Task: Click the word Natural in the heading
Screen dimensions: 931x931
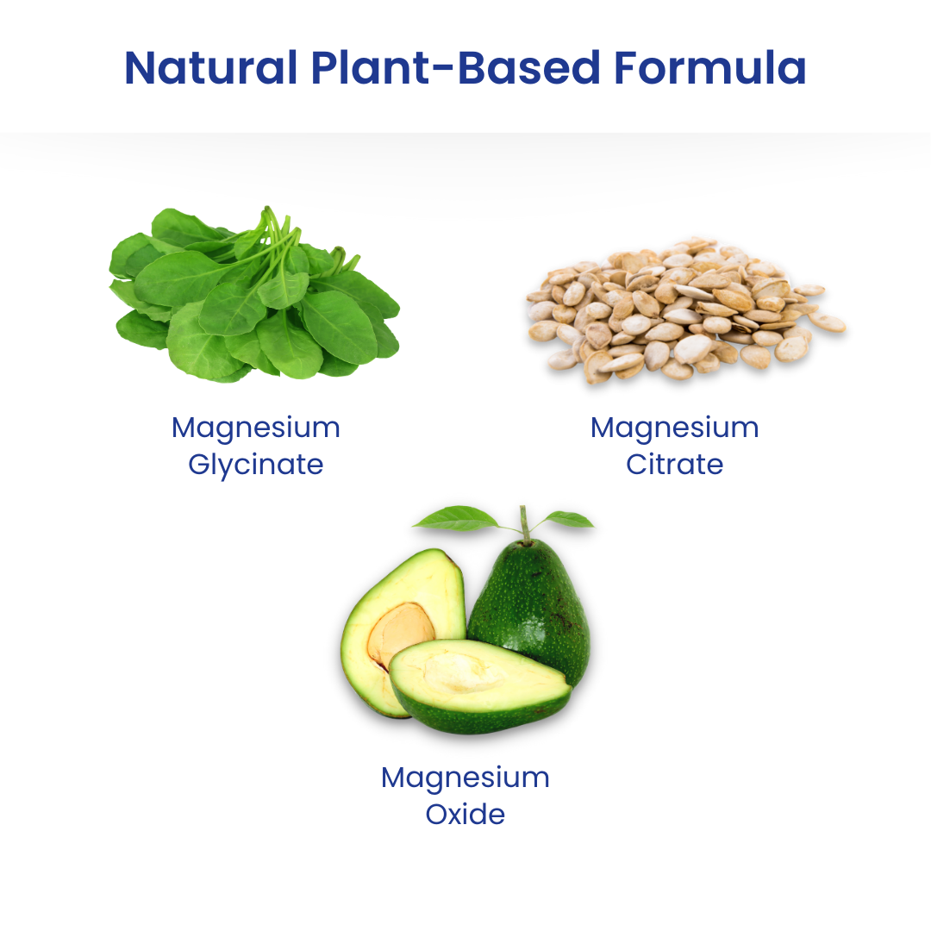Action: pos(211,68)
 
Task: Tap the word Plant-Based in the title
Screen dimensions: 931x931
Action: pos(455,68)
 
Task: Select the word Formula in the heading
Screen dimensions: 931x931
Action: pos(709,68)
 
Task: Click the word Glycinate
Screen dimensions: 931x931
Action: pos(256,465)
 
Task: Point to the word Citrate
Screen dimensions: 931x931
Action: pos(674,465)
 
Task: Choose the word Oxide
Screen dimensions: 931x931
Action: pos(465,814)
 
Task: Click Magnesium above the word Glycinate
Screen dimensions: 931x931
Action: pos(256,428)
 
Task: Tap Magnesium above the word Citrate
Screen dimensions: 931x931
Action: pos(674,428)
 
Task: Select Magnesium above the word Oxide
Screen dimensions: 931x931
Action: pos(465,778)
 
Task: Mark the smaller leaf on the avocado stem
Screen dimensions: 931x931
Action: pos(569,519)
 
